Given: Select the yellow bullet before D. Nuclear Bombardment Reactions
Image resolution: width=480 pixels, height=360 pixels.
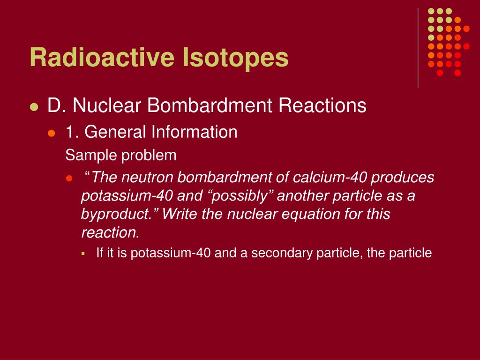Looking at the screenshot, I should (33, 107).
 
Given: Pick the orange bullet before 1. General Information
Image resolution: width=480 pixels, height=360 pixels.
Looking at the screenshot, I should (52, 133).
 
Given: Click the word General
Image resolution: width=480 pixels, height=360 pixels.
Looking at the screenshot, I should (116, 132).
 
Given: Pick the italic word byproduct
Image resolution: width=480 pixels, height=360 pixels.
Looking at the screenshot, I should (118, 214).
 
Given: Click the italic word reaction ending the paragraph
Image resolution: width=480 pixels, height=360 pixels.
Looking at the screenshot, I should (110, 232).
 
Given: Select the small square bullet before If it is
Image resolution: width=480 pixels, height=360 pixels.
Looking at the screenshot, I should (83, 254).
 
